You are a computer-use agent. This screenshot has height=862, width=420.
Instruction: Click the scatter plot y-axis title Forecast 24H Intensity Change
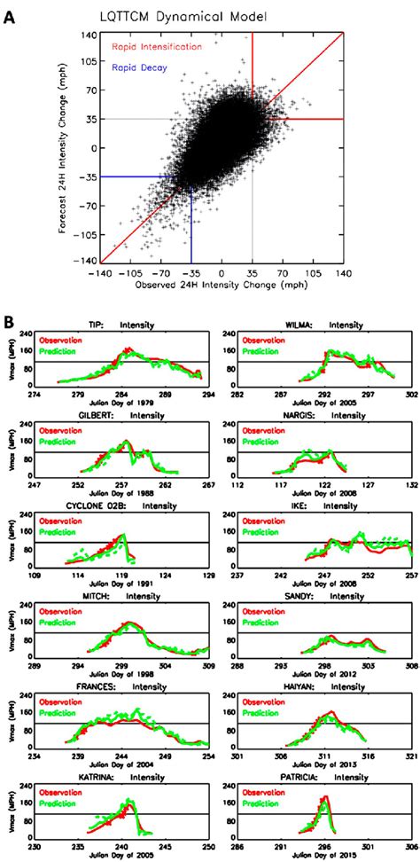coord(79,147)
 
